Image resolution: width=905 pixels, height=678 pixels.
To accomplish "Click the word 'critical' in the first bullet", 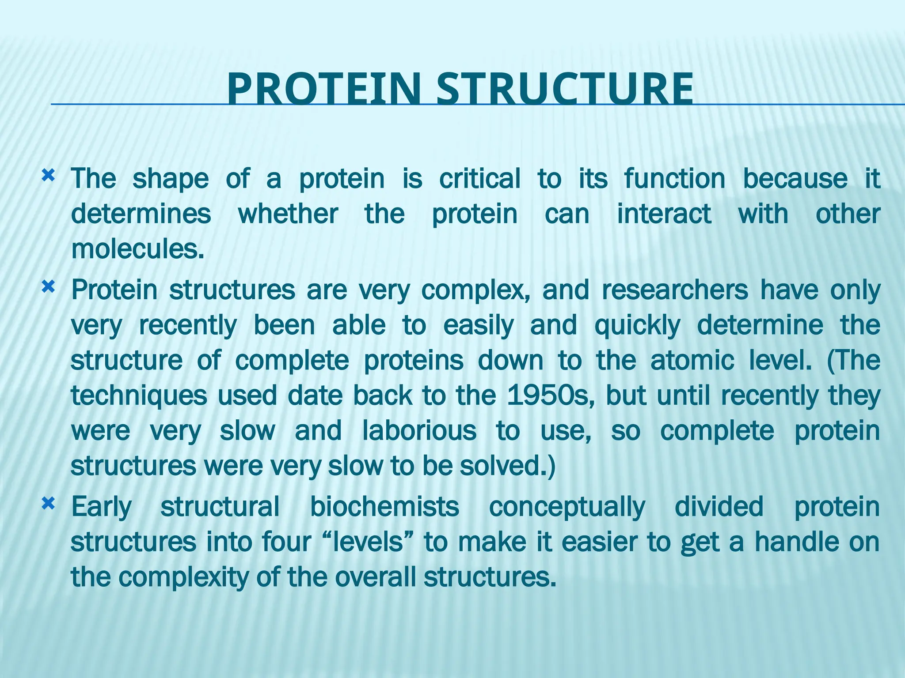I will point(479,179).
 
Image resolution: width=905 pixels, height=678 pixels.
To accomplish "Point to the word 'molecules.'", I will point(138,249).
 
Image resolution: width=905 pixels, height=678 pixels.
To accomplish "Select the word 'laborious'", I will point(419,431).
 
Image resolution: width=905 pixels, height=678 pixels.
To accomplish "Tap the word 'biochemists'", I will point(384,507).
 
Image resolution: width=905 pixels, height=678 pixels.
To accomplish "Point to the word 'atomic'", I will point(692,360).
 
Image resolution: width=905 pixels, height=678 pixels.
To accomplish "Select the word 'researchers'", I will point(675,290).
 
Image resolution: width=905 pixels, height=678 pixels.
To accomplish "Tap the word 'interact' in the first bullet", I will point(664,214).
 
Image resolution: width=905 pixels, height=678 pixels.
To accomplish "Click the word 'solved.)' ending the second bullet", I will point(507,466).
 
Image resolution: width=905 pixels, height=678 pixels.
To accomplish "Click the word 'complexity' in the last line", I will point(183,577).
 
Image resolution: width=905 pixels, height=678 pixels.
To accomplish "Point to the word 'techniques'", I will point(139,396).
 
